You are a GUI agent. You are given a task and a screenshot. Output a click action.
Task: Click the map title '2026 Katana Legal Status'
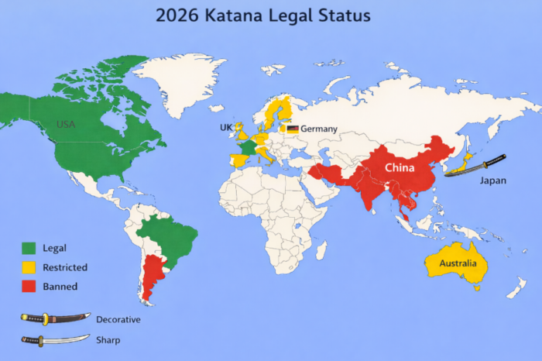pyautogui.click(x=262, y=15)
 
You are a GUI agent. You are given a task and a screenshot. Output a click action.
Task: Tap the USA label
pyautogui.click(x=66, y=125)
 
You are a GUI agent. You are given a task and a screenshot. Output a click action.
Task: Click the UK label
pyautogui.click(x=225, y=127)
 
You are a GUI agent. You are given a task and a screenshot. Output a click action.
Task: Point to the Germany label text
pyautogui.click(x=318, y=129)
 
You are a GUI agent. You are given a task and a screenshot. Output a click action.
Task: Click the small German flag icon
pyautogui.click(x=293, y=129)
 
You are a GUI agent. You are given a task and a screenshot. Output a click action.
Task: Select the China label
pyautogui.click(x=400, y=168)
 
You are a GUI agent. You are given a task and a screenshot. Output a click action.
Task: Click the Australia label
pyautogui.click(x=463, y=263)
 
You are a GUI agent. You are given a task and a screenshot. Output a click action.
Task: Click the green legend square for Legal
pyautogui.click(x=29, y=248)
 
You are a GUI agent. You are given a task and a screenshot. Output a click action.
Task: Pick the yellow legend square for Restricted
pyautogui.click(x=29, y=267)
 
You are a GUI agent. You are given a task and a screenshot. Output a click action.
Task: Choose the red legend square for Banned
pyautogui.click(x=29, y=287)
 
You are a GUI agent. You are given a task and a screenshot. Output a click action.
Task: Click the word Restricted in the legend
pyautogui.click(x=65, y=267)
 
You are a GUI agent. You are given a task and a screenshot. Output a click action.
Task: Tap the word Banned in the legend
pyautogui.click(x=60, y=287)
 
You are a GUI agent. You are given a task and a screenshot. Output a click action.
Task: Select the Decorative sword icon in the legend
pyautogui.click(x=55, y=318)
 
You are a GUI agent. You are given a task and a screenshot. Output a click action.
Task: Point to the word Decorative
pyautogui.click(x=118, y=318)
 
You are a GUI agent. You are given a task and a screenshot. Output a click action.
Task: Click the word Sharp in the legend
pyautogui.click(x=108, y=339)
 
